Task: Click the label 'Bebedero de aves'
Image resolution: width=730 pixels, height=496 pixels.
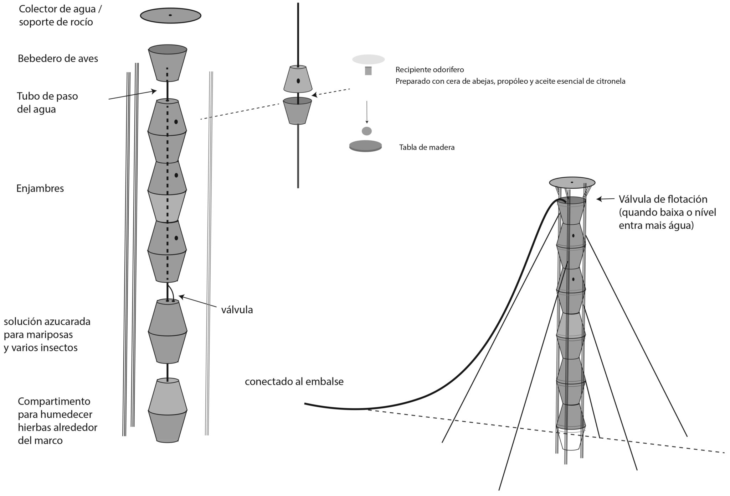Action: point(58,58)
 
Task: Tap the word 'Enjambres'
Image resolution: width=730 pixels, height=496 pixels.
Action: point(40,188)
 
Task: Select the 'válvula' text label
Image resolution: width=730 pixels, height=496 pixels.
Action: point(237,310)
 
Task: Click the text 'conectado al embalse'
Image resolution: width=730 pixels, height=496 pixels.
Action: point(294,382)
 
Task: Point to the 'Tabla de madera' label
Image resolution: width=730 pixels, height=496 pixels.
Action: point(427,147)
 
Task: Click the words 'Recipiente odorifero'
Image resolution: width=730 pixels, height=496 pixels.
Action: point(430,70)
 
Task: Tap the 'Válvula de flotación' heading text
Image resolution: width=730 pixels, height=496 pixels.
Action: point(663,199)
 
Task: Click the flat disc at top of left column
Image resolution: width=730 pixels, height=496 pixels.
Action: point(170,16)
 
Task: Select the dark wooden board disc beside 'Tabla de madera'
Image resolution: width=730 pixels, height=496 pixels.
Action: point(365,146)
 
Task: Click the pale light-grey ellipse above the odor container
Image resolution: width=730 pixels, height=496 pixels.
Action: point(368,59)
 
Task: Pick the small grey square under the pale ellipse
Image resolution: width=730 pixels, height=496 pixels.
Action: point(368,71)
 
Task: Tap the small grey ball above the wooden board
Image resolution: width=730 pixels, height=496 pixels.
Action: point(366,131)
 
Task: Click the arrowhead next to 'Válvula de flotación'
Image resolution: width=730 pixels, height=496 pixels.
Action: point(600,199)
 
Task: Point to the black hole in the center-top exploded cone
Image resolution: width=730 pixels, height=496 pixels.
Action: point(298,81)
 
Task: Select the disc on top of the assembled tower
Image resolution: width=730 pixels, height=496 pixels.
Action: point(572,182)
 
